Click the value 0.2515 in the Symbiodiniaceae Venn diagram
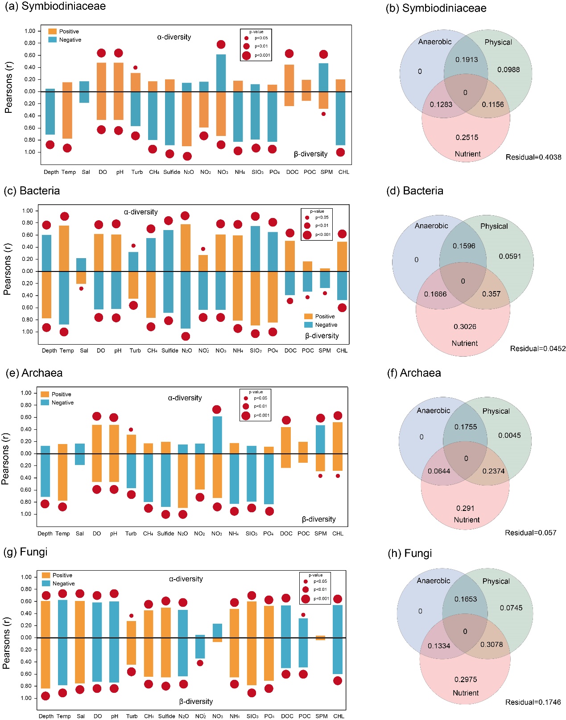(467, 137)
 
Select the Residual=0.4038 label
(533, 157)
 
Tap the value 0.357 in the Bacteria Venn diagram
(491, 294)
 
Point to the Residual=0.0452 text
(537, 349)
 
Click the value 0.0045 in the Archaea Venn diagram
(509, 435)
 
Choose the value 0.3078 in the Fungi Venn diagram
(491, 644)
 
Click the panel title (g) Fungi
(25, 552)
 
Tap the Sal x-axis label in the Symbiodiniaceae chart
(86, 172)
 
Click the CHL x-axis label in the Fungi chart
(339, 716)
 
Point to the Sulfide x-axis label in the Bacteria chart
(169, 350)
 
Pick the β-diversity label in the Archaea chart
(318, 519)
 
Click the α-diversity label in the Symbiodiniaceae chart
(174, 37)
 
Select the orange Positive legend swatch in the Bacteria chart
(308, 316)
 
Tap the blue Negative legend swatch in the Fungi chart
(46, 583)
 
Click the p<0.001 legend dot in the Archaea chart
(246, 416)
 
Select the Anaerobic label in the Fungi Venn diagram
(433, 580)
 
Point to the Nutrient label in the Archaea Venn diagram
(467, 519)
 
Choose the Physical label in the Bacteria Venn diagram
(494, 226)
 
